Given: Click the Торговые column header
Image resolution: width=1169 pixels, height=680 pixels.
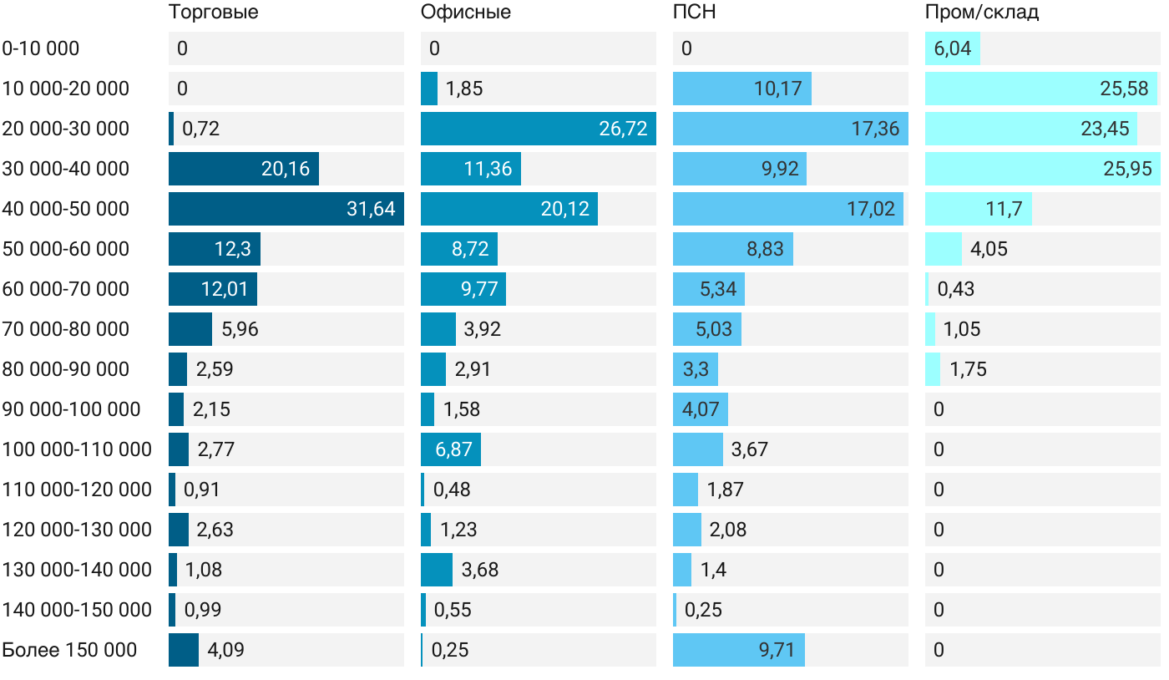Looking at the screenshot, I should (x=213, y=13).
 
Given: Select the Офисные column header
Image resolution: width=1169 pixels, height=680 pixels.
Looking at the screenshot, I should (x=466, y=13).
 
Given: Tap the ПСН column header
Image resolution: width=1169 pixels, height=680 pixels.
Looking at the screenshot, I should (x=694, y=13).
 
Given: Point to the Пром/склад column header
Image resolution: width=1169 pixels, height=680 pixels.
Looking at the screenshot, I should (x=981, y=13).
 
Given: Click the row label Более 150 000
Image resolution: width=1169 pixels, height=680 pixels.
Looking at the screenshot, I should (x=69, y=650).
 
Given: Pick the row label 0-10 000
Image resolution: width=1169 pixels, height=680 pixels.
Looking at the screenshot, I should (x=41, y=48).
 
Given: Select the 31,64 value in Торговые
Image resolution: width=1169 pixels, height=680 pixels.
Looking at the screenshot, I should (x=371, y=209).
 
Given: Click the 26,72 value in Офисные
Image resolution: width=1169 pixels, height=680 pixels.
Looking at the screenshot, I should (x=623, y=129).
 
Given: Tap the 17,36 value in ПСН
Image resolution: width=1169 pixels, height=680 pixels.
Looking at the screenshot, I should (x=875, y=129).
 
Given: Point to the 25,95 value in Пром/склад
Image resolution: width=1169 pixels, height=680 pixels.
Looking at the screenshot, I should (x=1127, y=169).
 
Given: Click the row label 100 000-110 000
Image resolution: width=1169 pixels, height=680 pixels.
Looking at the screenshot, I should (x=77, y=449).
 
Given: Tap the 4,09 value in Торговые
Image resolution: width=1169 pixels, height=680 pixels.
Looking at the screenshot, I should (x=226, y=650).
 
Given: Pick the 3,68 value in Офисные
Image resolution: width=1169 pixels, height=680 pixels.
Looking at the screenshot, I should (x=480, y=570).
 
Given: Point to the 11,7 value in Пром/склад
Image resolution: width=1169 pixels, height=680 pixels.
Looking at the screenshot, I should (x=1004, y=209).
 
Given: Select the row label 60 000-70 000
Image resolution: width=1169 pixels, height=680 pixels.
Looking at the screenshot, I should (x=66, y=289).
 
